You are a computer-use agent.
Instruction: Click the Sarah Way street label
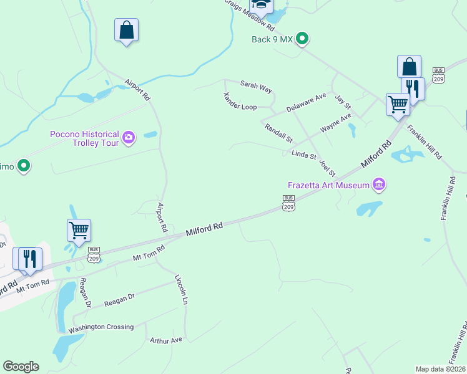257,87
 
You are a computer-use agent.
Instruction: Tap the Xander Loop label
240,102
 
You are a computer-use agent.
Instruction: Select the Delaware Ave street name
307,103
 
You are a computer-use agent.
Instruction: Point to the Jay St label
343,101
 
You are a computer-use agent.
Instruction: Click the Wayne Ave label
336,122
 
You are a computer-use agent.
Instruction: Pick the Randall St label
278,132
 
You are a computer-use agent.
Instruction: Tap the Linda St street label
304,155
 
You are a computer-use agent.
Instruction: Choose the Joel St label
327,168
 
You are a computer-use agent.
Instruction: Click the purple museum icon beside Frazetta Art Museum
378,185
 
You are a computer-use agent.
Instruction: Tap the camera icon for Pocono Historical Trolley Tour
129,137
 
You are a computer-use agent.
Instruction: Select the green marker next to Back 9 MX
302,39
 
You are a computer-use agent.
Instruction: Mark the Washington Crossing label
101,327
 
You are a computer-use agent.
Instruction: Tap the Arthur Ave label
166,340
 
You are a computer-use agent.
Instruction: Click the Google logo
21,367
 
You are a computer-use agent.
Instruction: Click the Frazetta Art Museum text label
328,185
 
